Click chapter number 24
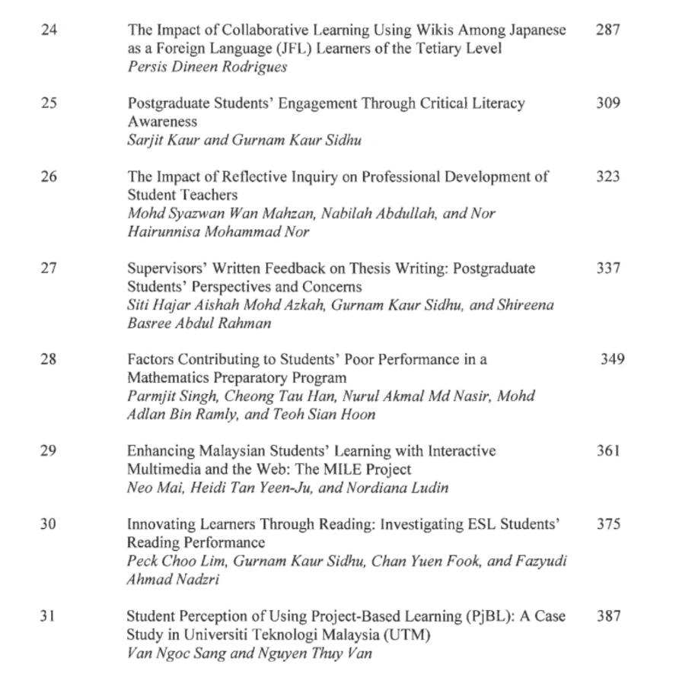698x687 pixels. (48, 30)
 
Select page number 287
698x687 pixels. (608, 30)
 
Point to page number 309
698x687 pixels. (608, 103)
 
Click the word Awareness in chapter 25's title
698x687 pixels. (162, 122)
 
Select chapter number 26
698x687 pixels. (48, 177)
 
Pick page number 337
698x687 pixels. (608, 268)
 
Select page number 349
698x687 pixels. (612, 359)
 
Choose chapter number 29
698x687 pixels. (48, 450)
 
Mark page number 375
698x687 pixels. (608, 523)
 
